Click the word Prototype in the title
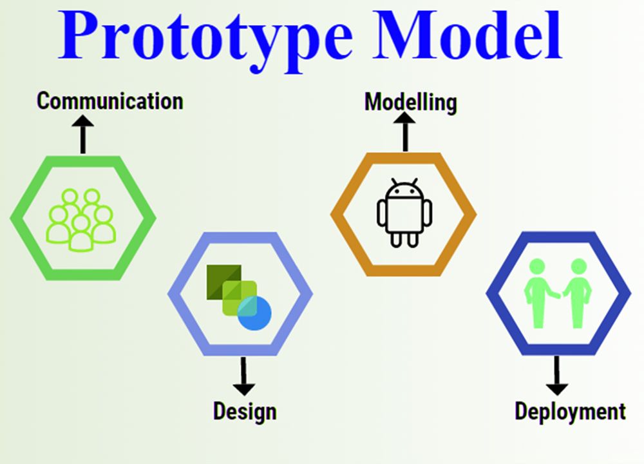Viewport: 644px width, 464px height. (x=205, y=39)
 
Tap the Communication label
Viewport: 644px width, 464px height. (x=109, y=101)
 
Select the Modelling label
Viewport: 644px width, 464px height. (x=411, y=102)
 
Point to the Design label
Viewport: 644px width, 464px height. (x=245, y=411)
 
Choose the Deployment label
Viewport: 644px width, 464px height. (x=570, y=411)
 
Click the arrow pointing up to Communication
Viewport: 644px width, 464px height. (x=83, y=134)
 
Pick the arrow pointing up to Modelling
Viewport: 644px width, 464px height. (x=405, y=131)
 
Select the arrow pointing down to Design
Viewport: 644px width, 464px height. (x=244, y=376)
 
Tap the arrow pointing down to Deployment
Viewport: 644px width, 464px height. (x=557, y=376)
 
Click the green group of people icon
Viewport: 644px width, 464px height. (x=81, y=220)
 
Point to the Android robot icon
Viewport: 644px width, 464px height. (x=404, y=213)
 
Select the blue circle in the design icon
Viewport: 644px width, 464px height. (x=254, y=313)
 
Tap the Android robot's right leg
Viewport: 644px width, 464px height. (x=413, y=240)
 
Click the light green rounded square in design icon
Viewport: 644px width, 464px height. (x=240, y=298)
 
